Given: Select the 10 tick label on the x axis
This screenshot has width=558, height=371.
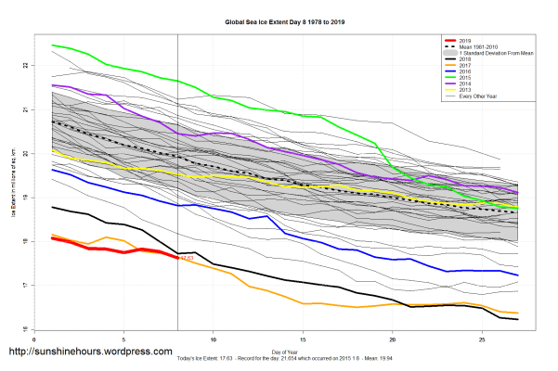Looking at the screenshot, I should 214,339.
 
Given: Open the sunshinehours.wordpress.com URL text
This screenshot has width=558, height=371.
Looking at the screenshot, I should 90,352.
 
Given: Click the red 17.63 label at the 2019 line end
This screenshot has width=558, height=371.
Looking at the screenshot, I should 186,257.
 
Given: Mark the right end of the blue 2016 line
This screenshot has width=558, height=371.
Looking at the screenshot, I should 517,275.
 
